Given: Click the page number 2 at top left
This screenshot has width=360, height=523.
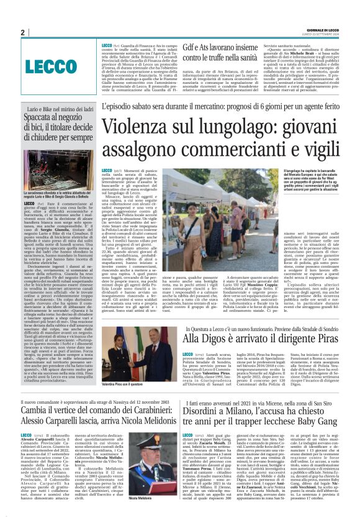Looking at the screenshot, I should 22,32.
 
